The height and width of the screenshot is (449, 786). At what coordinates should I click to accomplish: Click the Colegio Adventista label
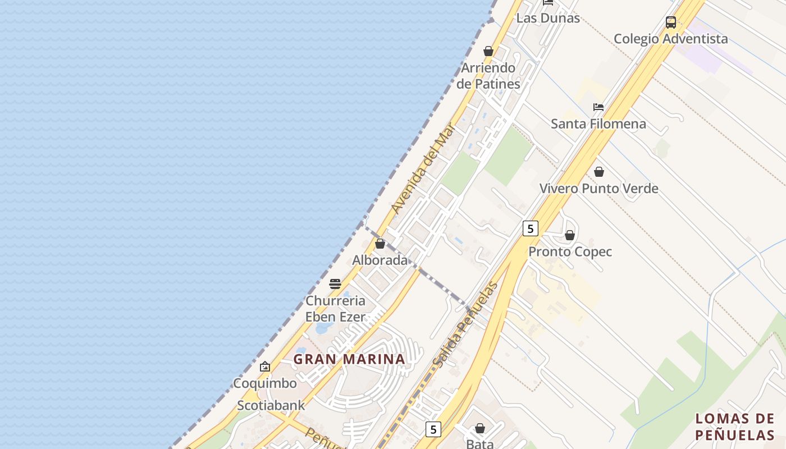670,39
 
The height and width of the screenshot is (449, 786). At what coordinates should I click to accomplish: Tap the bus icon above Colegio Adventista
671,22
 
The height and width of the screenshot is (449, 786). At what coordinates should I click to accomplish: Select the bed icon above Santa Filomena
598,107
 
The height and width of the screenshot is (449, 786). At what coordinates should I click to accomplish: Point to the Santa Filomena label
598,123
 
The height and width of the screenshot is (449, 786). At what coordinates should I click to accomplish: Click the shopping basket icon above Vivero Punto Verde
599,172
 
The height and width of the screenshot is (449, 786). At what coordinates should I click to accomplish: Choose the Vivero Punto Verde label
598,188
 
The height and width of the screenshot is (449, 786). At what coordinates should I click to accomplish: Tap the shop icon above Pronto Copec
570,235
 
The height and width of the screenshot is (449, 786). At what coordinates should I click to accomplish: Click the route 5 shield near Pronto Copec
530,228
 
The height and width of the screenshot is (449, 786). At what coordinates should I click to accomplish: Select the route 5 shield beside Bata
433,429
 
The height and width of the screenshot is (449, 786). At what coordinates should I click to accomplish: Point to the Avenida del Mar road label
422,168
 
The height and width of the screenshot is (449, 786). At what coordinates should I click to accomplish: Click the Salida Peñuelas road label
465,325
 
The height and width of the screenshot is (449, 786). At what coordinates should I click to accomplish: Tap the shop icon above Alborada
380,244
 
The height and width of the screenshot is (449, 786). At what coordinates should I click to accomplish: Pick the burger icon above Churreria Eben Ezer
335,284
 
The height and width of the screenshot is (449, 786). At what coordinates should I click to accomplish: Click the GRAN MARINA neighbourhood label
349,359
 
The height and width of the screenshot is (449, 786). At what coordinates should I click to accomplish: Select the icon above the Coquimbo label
265,367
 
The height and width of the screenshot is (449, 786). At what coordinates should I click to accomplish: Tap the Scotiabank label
271,405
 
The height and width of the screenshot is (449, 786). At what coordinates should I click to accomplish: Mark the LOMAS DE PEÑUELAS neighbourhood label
735,427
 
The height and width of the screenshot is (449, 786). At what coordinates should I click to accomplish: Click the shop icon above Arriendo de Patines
488,52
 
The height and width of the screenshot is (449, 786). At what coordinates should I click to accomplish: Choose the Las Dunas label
547,18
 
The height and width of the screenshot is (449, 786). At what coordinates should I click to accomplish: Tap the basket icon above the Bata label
480,429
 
